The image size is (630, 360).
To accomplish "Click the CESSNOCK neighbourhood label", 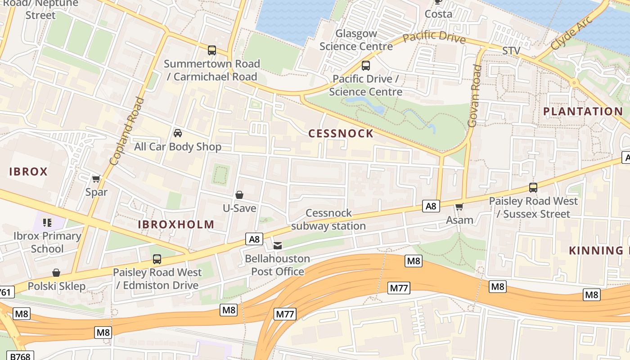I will pyautogui.click(x=341, y=133).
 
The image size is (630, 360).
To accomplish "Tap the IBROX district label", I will pyautogui.click(x=28, y=171).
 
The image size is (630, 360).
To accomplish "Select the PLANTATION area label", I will pyautogui.click(x=583, y=111).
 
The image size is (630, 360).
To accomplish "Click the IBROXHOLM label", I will pyautogui.click(x=176, y=225).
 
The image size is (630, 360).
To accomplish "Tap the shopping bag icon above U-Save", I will pyautogui.click(x=239, y=195).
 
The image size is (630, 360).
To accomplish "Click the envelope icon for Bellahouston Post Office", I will pyautogui.click(x=278, y=246).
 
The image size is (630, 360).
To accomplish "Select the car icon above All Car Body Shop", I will pyautogui.click(x=178, y=133).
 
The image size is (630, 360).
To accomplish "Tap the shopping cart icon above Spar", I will pyautogui.click(x=96, y=179).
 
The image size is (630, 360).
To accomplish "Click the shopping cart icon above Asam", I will pyautogui.click(x=459, y=207).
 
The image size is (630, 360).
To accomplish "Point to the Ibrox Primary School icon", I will pyautogui.click(x=47, y=222).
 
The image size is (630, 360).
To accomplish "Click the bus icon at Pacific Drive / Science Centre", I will pyautogui.click(x=365, y=66).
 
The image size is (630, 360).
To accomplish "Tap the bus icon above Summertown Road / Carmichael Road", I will pyautogui.click(x=211, y=50).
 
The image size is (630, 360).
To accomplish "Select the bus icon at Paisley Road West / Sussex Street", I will pyautogui.click(x=533, y=188).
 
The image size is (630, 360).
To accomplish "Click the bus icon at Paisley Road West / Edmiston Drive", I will pyautogui.click(x=157, y=259).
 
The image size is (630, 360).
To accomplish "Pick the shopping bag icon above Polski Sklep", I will pyautogui.click(x=56, y=273).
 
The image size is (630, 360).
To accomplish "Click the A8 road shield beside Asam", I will pyautogui.click(x=431, y=206).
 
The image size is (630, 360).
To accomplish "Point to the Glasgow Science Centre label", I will pyautogui.click(x=356, y=40).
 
